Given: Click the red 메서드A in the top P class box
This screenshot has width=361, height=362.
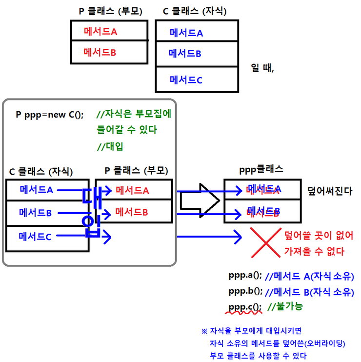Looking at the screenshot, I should tap(100, 32).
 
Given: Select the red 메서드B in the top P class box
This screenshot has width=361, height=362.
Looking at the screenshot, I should tap(100, 52).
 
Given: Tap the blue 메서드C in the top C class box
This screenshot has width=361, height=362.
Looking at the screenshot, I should tap(185, 80).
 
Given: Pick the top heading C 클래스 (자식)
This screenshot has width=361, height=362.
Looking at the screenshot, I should tap(195, 11).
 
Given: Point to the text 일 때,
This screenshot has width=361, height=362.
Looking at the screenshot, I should tap(262, 68).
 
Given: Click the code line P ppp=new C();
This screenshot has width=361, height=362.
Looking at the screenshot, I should tap(50, 115).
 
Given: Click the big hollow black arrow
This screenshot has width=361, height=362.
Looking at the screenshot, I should tap(199, 200).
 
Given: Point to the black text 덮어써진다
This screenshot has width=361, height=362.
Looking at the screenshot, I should tap(330, 191).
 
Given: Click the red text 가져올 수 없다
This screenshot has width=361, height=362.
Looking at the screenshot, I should tap(314, 252).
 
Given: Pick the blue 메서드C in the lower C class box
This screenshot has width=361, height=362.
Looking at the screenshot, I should tap(35, 237).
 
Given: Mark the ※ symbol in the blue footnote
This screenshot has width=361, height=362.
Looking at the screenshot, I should tap(204, 331).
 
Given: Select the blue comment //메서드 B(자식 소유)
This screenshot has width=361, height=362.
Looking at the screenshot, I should tap(309, 292).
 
